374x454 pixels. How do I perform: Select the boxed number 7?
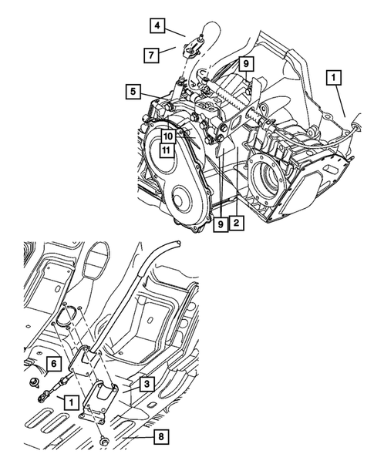pyautogui.click(x=151, y=54)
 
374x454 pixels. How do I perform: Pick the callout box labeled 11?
pyautogui.click(x=166, y=150)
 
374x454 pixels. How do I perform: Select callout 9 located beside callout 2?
pyautogui.click(x=221, y=223)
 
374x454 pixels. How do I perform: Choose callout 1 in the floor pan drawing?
pyautogui.click(x=70, y=402)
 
